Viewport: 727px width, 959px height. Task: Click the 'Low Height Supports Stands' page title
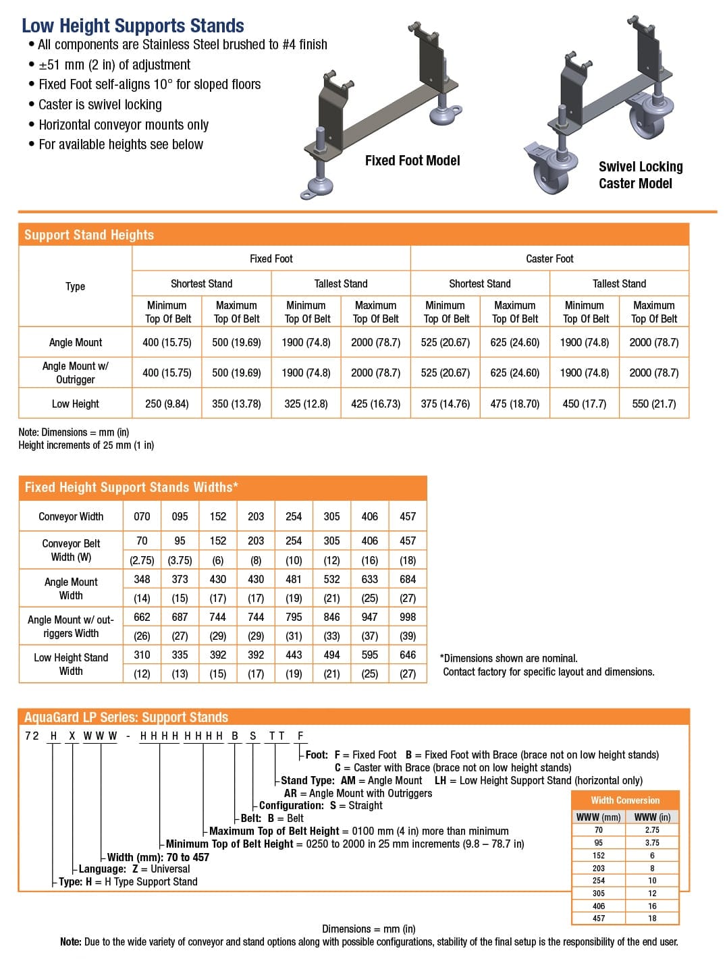point(133,26)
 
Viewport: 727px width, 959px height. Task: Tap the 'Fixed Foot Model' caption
point(412,161)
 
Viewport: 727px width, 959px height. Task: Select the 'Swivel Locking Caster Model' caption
point(640,175)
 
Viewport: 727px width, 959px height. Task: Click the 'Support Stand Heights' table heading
point(89,235)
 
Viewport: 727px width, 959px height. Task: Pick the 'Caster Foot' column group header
point(549,258)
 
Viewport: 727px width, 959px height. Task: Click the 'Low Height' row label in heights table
point(75,404)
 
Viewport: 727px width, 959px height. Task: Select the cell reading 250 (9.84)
point(167,404)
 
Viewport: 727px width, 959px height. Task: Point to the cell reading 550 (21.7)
point(653,404)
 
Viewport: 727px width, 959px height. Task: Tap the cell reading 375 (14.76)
point(445,404)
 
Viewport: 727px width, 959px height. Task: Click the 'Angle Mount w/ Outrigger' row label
point(75,373)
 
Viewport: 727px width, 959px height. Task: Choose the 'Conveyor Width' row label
point(71,516)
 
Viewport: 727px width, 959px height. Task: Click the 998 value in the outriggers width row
point(408,617)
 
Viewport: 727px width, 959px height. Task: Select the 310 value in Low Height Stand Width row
point(142,655)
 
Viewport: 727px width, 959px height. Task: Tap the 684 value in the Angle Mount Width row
point(408,579)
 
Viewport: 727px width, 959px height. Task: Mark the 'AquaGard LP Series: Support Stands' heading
point(126,717)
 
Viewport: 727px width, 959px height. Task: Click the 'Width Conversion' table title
point(625,800)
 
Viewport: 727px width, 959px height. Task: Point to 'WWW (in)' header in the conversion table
point(652,817)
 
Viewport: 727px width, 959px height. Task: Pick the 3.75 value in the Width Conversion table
point(652,843)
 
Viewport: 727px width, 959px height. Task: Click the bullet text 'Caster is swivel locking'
point(100,105)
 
